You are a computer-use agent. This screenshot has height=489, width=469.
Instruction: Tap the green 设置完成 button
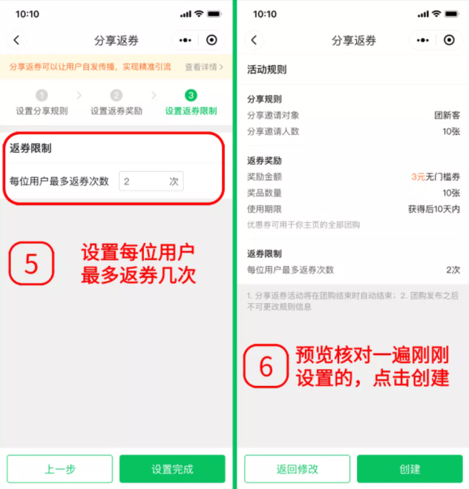(x=172, y=469)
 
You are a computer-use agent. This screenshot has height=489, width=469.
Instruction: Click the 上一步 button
(x=60, y=469)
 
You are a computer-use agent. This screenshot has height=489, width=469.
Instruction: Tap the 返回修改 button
(x=297, y=469)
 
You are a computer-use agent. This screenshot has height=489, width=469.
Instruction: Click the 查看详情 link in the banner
(x=204, y=67)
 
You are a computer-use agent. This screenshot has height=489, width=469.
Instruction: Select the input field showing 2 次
(x=151, y=181)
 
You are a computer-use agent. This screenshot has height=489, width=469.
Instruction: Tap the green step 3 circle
(x=191, y=96)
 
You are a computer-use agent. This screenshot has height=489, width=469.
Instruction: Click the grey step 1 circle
(x=42, y=96)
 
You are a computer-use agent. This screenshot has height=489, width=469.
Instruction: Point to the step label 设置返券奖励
(x=117, y=111)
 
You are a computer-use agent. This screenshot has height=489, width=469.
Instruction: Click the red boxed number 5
(x=31, y=264)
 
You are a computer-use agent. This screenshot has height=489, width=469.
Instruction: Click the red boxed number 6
(x=266, y=366)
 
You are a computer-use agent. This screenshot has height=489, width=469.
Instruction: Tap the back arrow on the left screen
(x=16, y=41)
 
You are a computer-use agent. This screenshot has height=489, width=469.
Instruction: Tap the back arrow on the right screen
(x=254, y=41)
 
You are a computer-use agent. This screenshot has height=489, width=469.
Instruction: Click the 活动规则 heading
(x=266, y=70)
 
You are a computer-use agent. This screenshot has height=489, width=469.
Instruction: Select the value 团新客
(x=447, y=116)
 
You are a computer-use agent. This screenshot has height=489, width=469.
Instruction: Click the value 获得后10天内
(x=434, y=209)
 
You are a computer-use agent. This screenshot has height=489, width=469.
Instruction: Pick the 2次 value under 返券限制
(x=453, y=270)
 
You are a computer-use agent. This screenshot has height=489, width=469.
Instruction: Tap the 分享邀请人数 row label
(x=273, y=131)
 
